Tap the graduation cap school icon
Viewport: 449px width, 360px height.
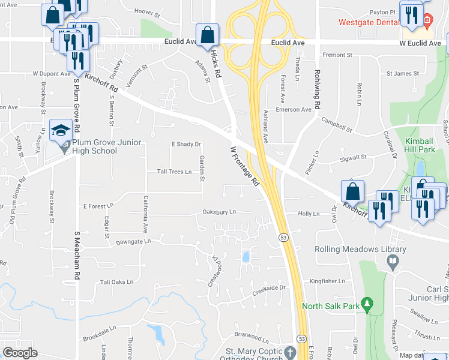[x=61, y=130]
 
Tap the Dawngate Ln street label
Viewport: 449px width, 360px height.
[x=134, y=242]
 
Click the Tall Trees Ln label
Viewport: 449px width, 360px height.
[x=174, y=172]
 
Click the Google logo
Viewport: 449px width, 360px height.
[x=20, y=353]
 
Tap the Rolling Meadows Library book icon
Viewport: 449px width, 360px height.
[x=393, y=262]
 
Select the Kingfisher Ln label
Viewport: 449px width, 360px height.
[x=327, y=281]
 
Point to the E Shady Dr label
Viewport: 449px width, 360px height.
[x=186, y=144]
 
